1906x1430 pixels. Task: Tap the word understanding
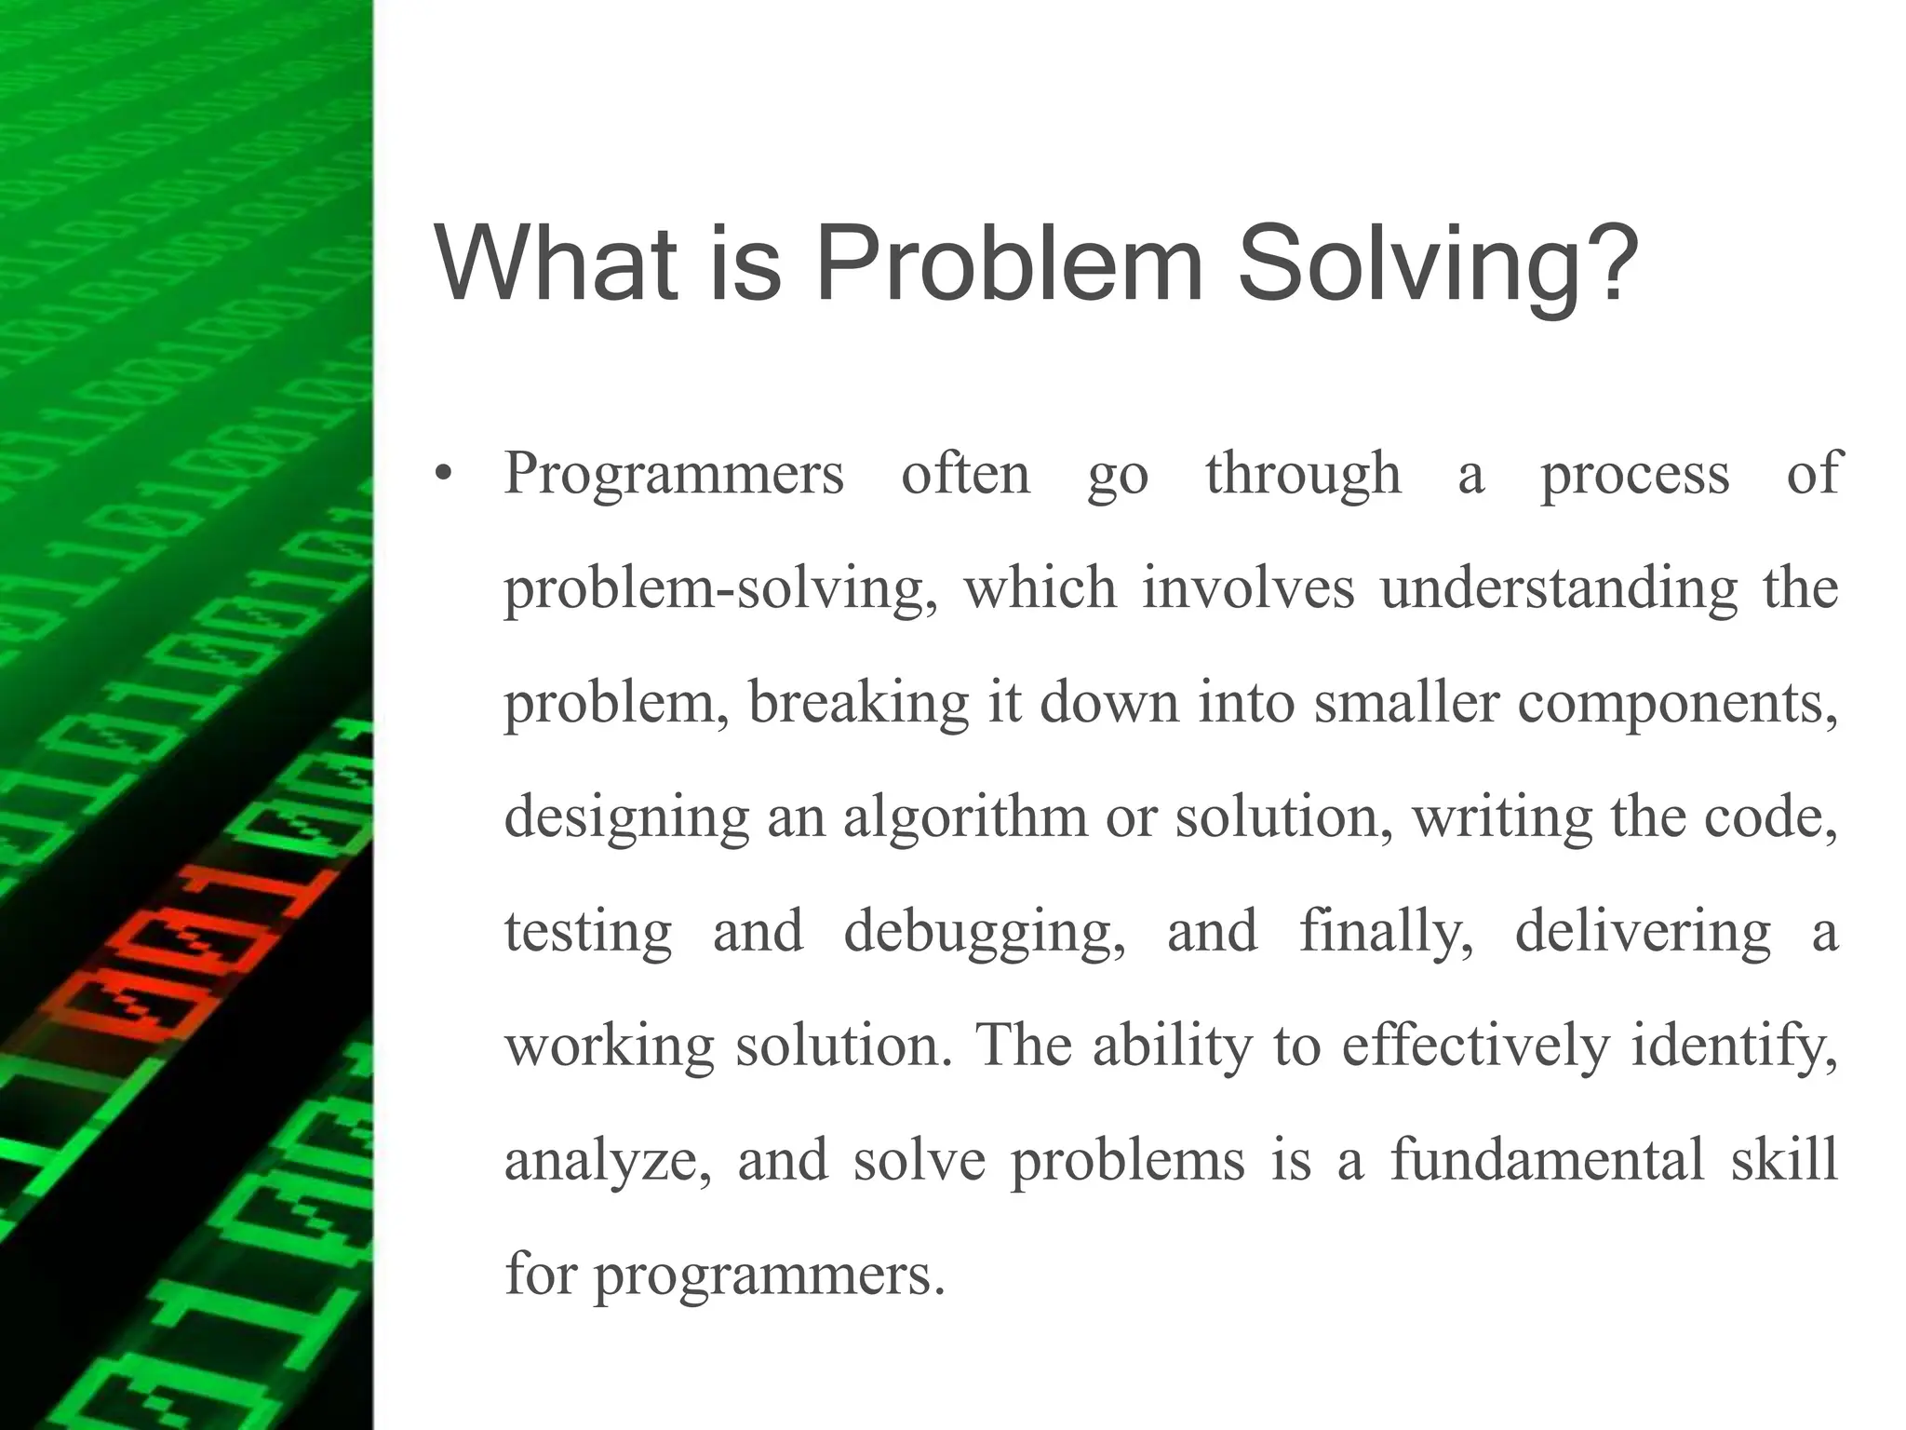(x=1559, y=589)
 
